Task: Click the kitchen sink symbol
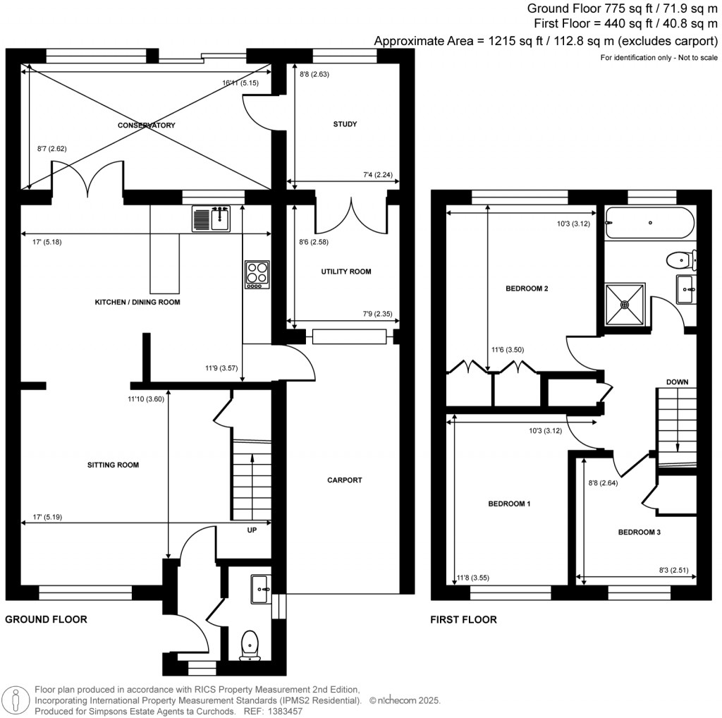click(211, 218)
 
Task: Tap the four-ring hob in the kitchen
click(257, 274)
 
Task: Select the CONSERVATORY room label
click(147, 125)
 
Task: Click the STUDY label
click(345, 124)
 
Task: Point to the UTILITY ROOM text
click(345, 272)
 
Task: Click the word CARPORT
click(345, 480)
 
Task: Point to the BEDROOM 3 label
click(639, 533)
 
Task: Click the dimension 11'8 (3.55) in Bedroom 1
click(473, 578)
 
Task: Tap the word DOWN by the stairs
click(677, 382)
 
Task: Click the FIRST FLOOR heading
click(463, 620)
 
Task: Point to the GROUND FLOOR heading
click(46, 620)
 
